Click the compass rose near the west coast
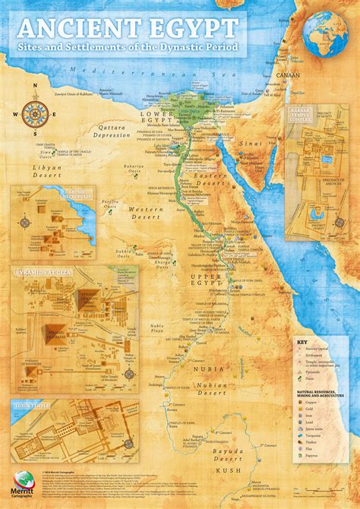coord(33,115)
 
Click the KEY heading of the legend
coord(303,342)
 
